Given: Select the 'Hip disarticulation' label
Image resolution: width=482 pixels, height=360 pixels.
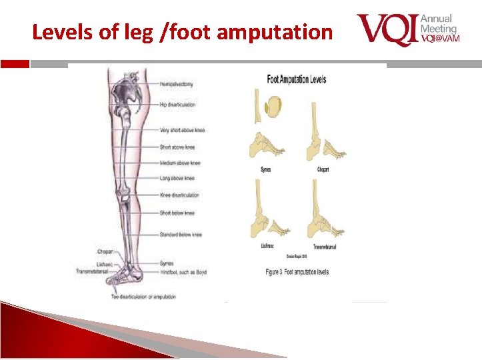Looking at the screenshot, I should tap(179, 105).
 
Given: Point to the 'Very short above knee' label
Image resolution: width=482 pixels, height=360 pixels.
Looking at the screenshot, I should tap(182, 130).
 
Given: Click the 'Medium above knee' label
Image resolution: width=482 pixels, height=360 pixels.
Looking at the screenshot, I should tap(180, 163).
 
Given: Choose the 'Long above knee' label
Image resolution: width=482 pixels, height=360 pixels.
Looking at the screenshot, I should tap(177, 179).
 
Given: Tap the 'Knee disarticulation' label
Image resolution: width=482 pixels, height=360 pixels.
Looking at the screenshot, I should tap(179, 195).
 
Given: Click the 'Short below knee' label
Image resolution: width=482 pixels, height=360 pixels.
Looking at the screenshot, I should tap(177, 213).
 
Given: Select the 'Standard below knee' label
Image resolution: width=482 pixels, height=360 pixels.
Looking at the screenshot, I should tap(181, 235).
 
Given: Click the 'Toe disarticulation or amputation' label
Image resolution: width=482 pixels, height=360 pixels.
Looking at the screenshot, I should tap(143, 297).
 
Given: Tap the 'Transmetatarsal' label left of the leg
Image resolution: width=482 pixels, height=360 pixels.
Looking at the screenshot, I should tap(93, 271).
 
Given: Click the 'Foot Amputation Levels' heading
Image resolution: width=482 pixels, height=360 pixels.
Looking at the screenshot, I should tap(297, 79).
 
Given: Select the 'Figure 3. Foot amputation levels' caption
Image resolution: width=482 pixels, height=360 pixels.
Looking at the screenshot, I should tap(297, 272).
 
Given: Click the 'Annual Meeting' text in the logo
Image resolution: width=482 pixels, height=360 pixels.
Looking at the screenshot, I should tap(439, 23).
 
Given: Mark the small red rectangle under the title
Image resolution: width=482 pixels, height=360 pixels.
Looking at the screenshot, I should tap(15, 64).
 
